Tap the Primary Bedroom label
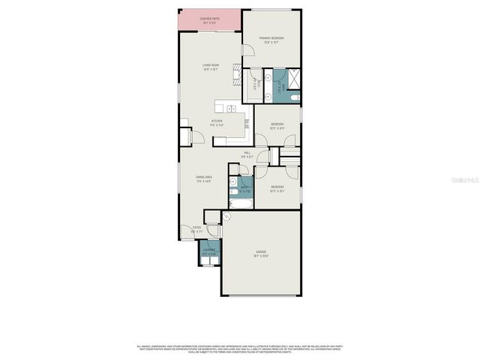click(271, 38)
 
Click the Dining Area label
click(204, 178)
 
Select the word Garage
click(260, 252)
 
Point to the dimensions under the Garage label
click(260, 256)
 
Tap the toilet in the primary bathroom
click(295, 98)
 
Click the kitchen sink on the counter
click(232, 109)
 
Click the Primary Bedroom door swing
click(247, 52)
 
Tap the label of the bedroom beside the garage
click(277, 187)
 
